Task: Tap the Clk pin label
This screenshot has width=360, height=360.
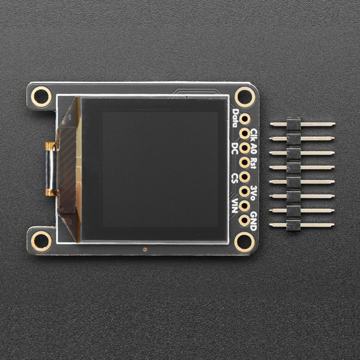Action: click(254, 136)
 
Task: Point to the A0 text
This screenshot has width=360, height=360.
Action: click(254, 150)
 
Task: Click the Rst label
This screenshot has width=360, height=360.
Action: click(254, 164)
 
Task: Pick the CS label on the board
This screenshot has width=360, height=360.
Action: click(236, 177)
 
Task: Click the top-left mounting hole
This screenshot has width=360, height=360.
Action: click(41, 96)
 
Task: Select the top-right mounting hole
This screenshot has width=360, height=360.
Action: click(244, 96)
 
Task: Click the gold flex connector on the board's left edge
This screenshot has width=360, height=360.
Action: click(50, 169)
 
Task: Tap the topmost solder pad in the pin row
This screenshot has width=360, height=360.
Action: click(244, 118)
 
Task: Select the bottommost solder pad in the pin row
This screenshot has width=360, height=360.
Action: click(244, 220)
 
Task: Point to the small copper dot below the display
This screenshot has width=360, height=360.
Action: click(146, 249)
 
